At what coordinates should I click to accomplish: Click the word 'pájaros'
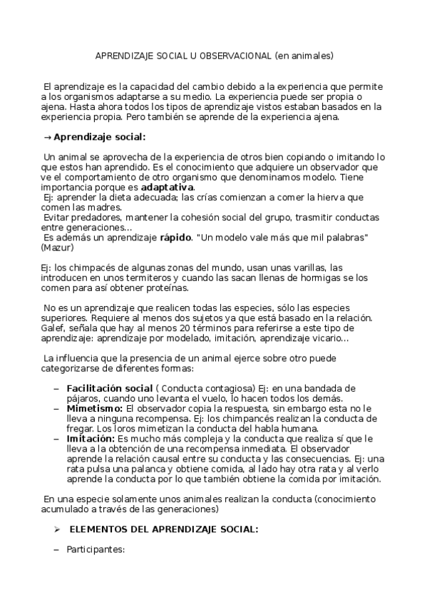(x=82, y=398)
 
